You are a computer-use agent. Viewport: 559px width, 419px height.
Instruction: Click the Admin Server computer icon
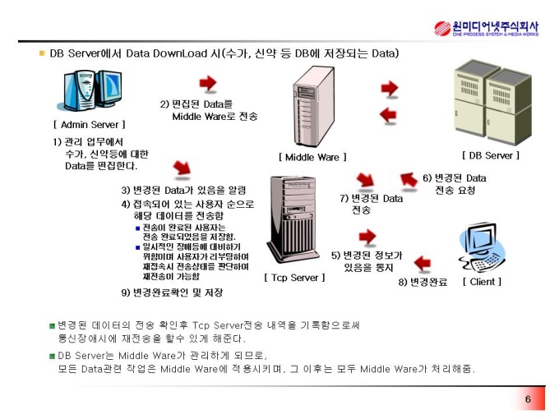(91, 90)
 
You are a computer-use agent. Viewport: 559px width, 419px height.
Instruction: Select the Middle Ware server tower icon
(314, 107)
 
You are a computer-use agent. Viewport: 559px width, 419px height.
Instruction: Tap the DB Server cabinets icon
(492, 103)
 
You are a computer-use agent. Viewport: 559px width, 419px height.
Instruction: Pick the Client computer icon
(481, 247)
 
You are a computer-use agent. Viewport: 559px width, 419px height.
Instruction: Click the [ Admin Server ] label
(90, 125)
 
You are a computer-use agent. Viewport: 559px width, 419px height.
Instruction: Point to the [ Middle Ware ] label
(312, 157)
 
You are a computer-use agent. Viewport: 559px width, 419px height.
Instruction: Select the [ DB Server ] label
(491, 155)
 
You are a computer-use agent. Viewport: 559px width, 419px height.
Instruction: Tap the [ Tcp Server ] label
(294, 278)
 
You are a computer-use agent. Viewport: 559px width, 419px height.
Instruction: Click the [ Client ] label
(482, 282)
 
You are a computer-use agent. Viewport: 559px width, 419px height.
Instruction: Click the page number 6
(528, 399)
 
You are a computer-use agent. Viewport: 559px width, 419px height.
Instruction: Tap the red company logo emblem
(442, 28)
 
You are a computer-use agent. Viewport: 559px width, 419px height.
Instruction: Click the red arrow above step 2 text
(208, 83)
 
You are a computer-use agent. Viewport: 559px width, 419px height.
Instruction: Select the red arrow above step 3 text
(182, 168)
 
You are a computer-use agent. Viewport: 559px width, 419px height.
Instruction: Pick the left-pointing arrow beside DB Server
(388, 115)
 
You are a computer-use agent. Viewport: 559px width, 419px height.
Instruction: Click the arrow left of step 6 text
(409, 179)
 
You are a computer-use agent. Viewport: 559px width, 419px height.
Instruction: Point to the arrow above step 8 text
(423, 263)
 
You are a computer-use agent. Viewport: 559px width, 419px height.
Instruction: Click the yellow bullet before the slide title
(42, 53)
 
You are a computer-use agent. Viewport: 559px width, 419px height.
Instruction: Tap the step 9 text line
(172, 292)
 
